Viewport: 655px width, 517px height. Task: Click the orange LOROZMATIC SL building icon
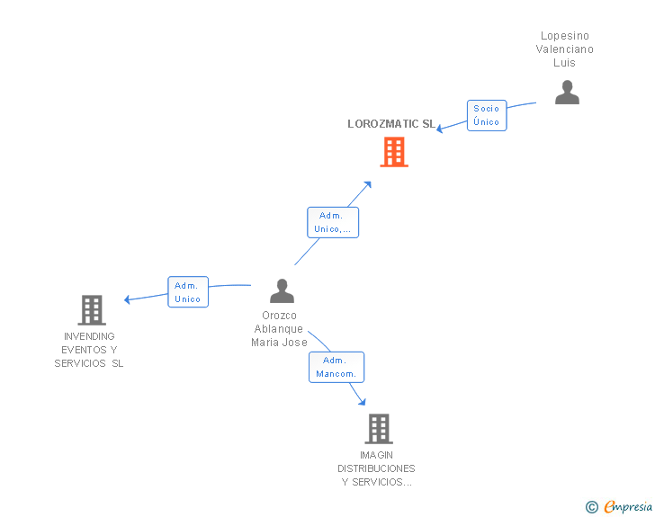click(x=393, y=152)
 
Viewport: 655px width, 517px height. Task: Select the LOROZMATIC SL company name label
click(x=391, y=124)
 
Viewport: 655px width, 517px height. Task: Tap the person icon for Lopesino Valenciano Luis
click(x=567, y=93)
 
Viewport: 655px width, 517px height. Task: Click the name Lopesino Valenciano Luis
click(x=565, y=49)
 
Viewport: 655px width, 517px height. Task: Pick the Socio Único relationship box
click(x=487, y=115)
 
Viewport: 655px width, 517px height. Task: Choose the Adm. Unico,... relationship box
click(x=333, y=222)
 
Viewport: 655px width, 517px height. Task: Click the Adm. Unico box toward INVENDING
click(x=188, y=292)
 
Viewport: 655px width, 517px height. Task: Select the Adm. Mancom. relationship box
click(x=336, y=367)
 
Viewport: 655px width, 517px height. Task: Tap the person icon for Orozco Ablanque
click(x=282, y=291)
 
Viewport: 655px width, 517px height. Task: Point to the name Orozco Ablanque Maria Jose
click(x=280, y=329)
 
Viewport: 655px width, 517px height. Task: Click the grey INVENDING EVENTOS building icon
click(x=92, y=310)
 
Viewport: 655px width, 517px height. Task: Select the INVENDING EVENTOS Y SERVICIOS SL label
click(x=89, y=350)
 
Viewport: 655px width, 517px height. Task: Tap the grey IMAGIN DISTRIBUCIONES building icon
click(x=379, y=429)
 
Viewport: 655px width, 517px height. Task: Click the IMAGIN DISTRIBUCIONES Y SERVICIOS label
click(x=377, y=468)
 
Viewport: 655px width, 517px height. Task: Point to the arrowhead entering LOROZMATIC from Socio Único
click(x=440, y=129)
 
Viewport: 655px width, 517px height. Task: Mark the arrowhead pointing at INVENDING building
click(x=128, y=299)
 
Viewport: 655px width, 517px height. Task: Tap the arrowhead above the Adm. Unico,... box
click(x=368, y=183)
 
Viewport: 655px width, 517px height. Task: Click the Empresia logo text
click(x=628, y=507)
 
